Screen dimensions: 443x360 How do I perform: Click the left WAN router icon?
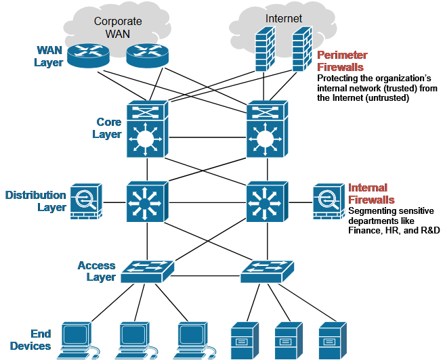88,55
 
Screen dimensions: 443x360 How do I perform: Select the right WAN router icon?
147,55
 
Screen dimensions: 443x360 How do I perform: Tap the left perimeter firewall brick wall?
265,49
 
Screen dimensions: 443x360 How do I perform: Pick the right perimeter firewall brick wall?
302,49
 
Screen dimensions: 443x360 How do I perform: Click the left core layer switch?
148,129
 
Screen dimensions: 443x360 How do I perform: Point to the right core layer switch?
268,129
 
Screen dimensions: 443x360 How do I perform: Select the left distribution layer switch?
147,202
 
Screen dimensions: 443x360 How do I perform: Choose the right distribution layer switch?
268,202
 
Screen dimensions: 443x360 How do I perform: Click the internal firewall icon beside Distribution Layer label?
86,202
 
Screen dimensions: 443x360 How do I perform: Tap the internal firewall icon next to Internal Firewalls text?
329,202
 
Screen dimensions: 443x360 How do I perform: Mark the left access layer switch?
148,271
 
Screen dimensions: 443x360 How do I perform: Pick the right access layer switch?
268,271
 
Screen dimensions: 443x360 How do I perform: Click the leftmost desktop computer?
79,340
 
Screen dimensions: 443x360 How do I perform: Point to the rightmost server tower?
333,340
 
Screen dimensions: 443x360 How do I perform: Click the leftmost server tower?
245,340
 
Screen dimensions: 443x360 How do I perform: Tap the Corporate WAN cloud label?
118,27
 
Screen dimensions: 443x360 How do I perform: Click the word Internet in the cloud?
284,19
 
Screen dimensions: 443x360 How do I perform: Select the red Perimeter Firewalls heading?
342,61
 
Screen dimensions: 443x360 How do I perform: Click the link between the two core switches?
208,137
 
